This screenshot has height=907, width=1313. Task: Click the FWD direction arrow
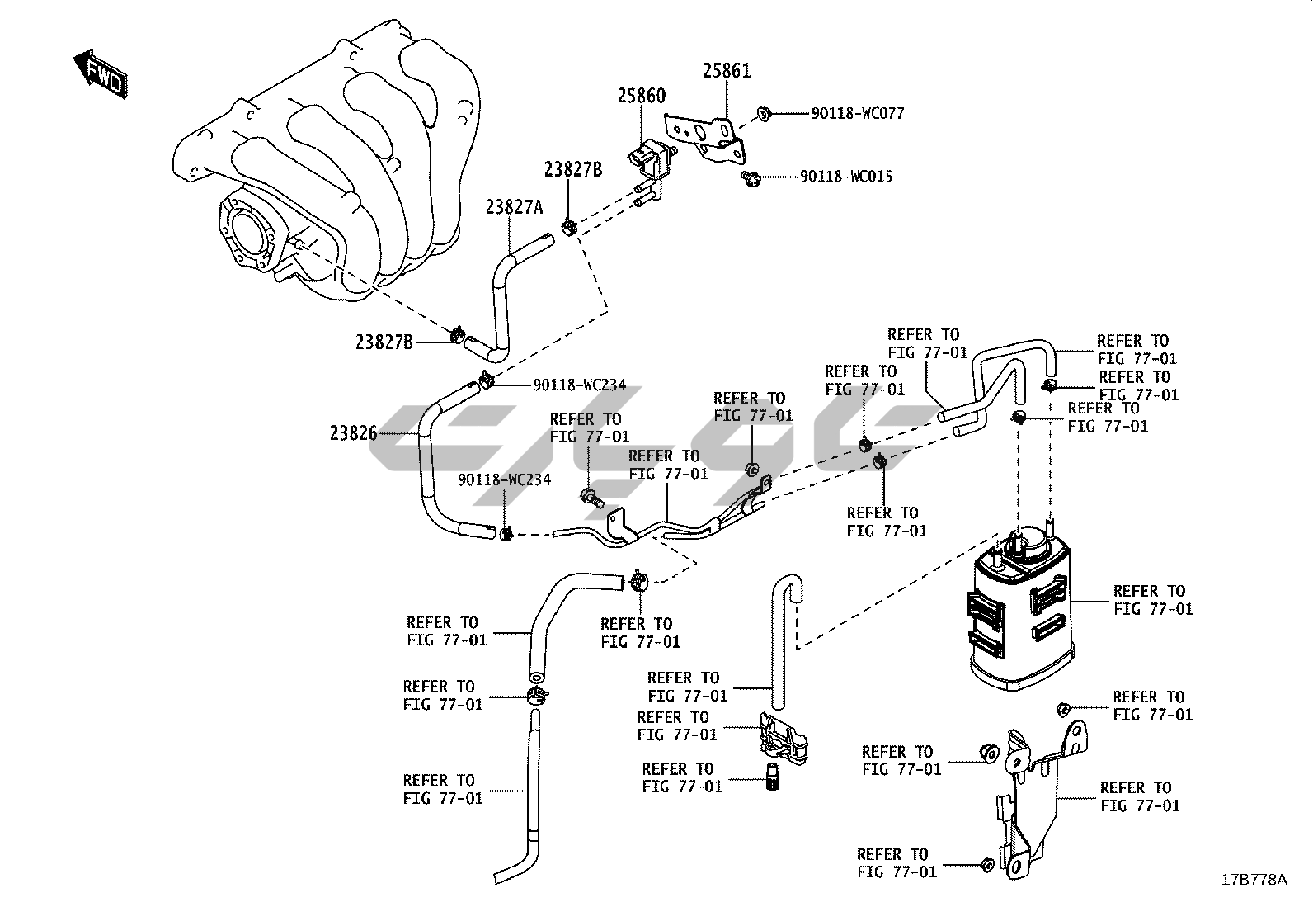[x=101, y=74]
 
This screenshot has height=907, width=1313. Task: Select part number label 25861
[x=727, y=71]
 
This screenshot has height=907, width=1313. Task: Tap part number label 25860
[x=642, y=96]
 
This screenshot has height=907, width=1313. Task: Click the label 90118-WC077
[x=858, y=113]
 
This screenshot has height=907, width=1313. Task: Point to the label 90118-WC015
[x=846, y=177]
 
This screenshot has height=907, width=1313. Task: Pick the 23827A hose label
[x=514, y=207]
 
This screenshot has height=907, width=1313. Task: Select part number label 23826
[x=354, y=433]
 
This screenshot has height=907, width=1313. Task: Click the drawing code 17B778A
[x=1254, y=880]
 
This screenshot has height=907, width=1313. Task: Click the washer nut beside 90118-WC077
[x=764, y=113]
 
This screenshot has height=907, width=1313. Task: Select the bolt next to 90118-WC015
[x=751, y=177]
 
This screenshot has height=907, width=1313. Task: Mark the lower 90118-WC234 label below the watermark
[x=505, y=479]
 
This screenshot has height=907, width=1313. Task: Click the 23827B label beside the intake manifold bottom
[x=384, y=342]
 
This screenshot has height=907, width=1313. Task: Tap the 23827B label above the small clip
[x=573, y=169]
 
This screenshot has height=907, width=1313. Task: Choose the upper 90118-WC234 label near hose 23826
[x=579, y=385]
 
